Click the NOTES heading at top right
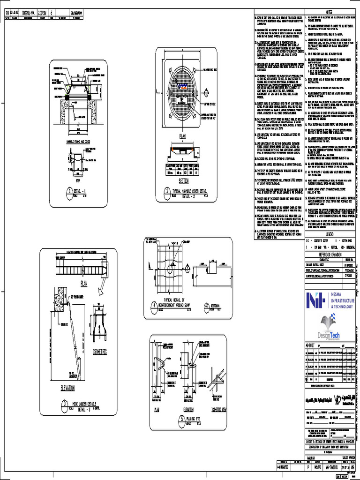(328, 12)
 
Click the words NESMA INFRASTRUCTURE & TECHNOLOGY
(336, 300)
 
